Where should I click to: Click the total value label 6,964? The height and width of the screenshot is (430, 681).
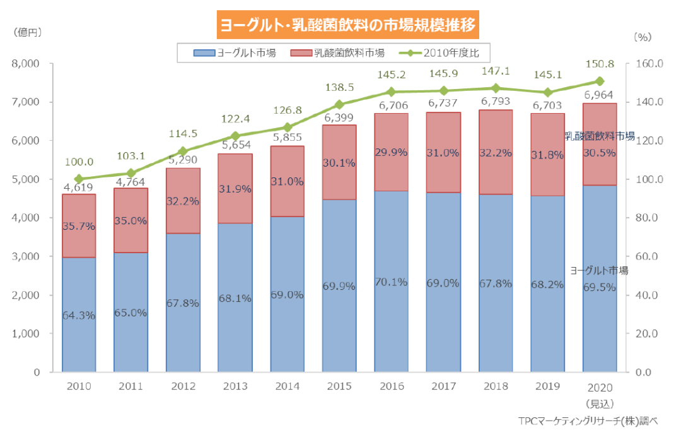tap(598, 95)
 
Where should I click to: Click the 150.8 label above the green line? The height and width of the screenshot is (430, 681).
tap(600, 64)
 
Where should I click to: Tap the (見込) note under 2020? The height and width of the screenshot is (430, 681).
tap(600, 402)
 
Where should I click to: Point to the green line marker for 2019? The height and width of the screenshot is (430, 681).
tap(547, 92)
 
